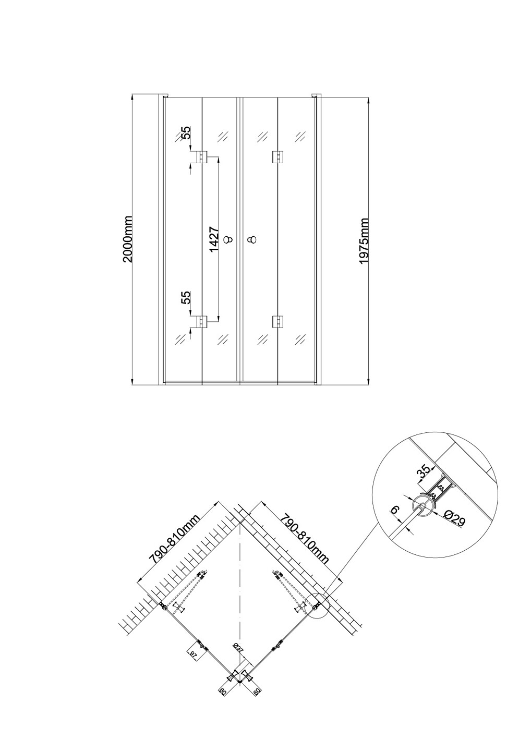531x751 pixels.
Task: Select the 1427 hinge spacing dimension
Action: tap(213, 239)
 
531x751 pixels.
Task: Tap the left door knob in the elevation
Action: tap(228, 240)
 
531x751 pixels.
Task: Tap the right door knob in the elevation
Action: tap(252, 240)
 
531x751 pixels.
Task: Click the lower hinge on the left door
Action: tap(202, 321)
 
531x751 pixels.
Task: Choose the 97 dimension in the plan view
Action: tap(193, 655)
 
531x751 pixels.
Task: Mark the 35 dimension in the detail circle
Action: tap(423, 471)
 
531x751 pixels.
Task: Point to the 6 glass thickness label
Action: tap(395, 510)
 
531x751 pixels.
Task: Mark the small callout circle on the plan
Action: tap(318, 607)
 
